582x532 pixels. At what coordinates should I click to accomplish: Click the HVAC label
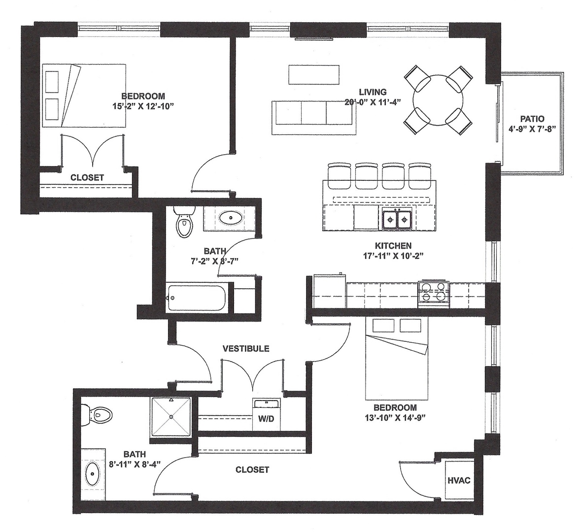pyautogui.click(x=459, y=480)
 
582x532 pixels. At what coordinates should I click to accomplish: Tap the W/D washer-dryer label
pyautogui.click(x=266, y=419)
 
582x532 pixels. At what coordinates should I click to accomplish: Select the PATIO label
pyautogui.click(x=532, y=119)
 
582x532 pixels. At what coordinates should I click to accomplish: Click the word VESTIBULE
pyautogui.click(x=246, y=349)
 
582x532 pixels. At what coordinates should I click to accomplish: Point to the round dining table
pyautogui.click(x=438, y=100)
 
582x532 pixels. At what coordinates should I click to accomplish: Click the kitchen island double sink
pyautogui.click(x=397, y=219)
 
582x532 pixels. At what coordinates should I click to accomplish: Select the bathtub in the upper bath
pyautogui.click(x=196, y=298)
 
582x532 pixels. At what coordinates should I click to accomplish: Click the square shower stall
pyautogui.click(x=171, y=417)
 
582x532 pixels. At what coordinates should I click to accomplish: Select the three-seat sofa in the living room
pyautogui.click(x=313, y=118)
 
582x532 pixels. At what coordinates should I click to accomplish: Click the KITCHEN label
pyautogui.click(x=393, y=246)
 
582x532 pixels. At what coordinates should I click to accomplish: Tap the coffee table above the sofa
pyautogui.click(x=313, y=75)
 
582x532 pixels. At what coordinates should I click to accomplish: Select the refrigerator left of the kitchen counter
pyautogui.click(x=330, y=291)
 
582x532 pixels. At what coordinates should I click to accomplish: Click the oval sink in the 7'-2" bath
pyautogui.click(x=230, y=218)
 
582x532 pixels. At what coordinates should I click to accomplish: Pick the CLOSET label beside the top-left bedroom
pyautogui.click(x=87, y=178)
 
